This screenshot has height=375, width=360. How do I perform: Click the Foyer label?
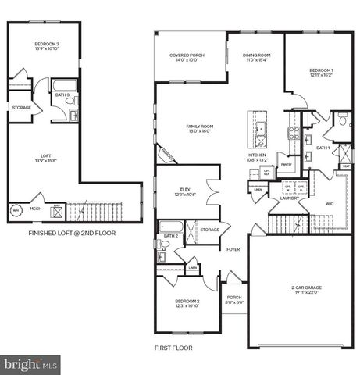(x=233, y=250)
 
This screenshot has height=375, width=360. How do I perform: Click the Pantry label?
(x=286, y=165)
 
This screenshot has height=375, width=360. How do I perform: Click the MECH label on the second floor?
(x=35, y=209)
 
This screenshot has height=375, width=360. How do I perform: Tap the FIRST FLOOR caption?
(x=174, y=348)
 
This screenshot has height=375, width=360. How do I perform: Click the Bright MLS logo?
(x=31, y=364)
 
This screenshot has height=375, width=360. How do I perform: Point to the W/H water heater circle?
(x=16, y=209)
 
